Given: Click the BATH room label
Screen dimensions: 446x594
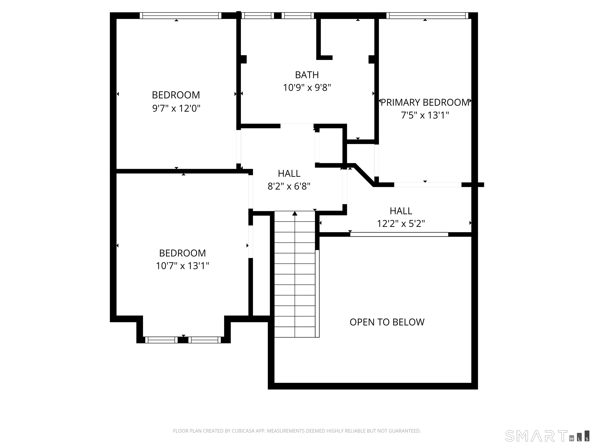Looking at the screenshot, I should click(x=307, y=75).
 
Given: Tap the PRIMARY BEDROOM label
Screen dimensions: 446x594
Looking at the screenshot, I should click(x=425, y=102).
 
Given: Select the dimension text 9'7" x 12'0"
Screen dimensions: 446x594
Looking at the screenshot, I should click(x=176, y=108).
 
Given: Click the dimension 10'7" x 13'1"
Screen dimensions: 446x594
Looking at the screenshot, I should click(x=182, y=266).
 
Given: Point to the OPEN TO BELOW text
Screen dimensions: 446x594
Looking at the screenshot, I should click(x=387, y=322).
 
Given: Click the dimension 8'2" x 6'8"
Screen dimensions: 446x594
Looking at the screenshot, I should click(x=289, y=186).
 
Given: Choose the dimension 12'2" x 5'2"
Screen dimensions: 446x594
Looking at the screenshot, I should click(x=401, y=223).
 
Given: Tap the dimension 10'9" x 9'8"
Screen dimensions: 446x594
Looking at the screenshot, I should click(x=307, y=88).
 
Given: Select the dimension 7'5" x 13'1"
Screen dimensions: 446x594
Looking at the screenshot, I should click(x=425, y=115).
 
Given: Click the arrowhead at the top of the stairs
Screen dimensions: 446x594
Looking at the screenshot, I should click(x=295, y=214).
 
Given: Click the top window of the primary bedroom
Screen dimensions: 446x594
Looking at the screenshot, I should click(x=427, y=16).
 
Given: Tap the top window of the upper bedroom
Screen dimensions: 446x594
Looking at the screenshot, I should click(x=180, y=16).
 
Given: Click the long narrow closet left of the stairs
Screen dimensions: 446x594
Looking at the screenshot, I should click(x=261, y=265).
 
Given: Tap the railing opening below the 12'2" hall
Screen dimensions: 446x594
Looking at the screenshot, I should click(x=399, y=234).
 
